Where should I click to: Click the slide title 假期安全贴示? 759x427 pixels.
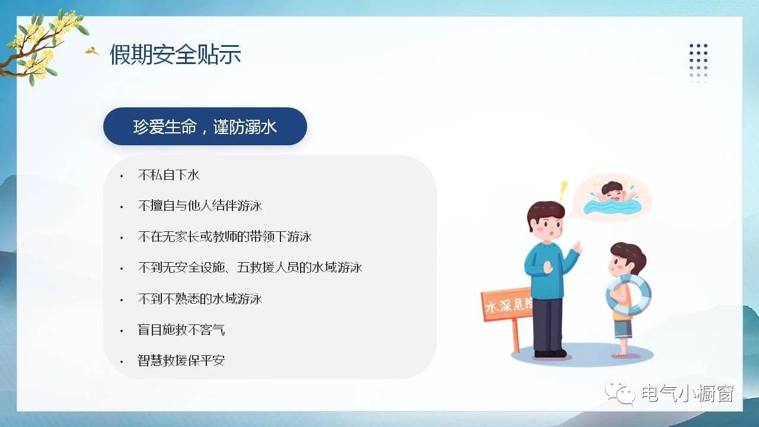coord(175,54)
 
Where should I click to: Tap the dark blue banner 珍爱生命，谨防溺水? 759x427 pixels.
coord(205,126)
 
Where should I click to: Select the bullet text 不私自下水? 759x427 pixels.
coord(168,175)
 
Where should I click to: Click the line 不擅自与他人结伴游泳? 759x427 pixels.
coord(200,206)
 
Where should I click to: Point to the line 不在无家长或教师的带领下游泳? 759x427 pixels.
coord(225,237)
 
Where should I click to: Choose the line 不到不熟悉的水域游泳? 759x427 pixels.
coord(200,299)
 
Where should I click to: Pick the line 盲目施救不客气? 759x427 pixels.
coord(181,330)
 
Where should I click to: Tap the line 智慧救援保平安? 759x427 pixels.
coord(181,360)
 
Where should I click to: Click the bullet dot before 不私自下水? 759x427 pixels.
coord(122,176)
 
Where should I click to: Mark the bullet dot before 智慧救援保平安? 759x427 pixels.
coord(122,362)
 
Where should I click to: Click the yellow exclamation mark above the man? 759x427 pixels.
coord(563,191)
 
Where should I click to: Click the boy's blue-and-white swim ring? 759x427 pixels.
coord(629,295)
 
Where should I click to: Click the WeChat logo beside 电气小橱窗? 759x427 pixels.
coord(620,392)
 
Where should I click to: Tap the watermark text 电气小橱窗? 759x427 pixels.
coord(688,393)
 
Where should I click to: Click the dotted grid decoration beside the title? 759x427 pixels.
coord(699,63)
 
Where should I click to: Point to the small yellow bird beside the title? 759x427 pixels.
coord(91,51)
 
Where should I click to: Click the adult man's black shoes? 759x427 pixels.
coord(550,353)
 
